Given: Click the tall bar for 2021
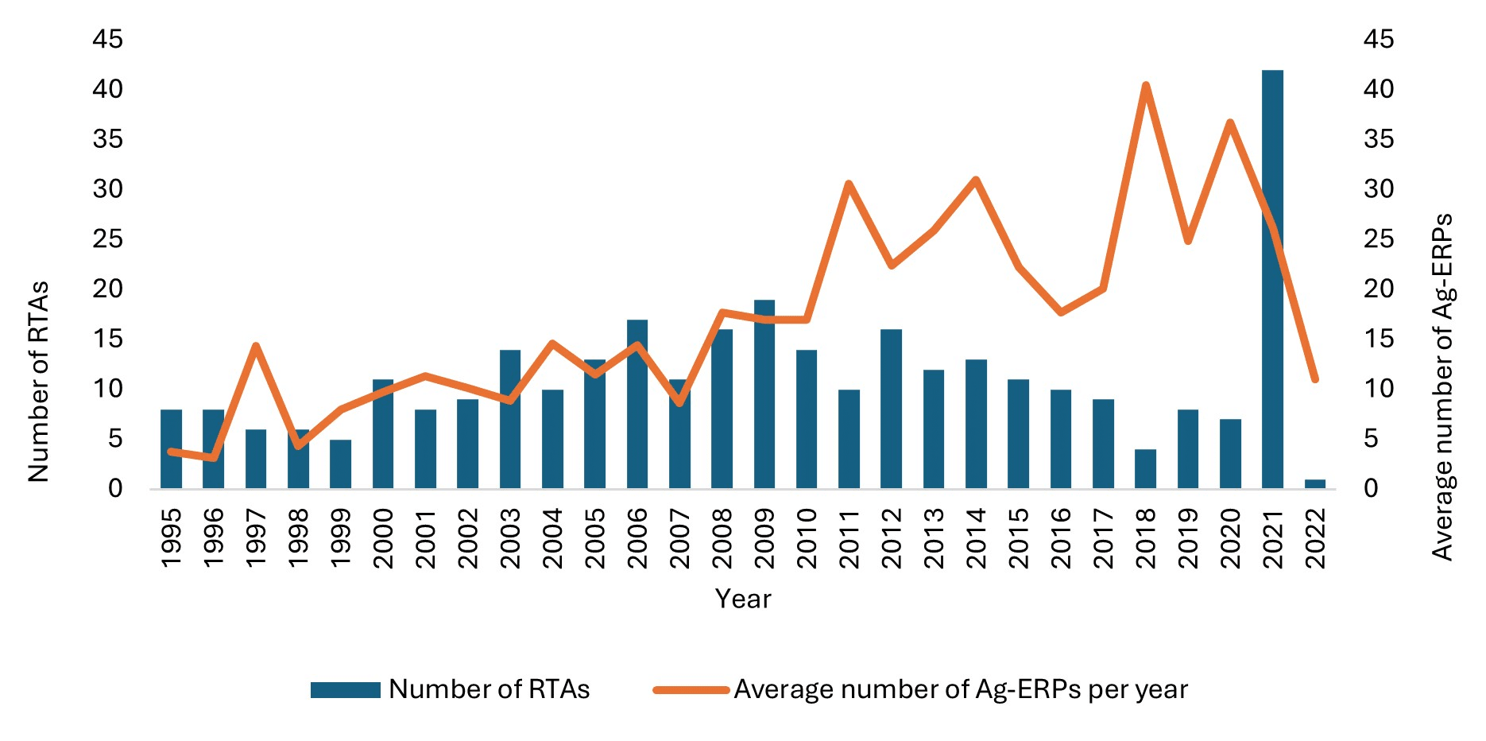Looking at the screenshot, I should point(1272,278).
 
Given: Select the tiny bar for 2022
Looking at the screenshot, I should point(1315,483).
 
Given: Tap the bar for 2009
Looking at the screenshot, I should point(764,394).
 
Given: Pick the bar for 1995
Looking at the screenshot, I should point(171,448).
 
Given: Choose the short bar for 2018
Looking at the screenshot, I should point(1145,468).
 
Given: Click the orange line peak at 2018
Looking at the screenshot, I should point(1145,85).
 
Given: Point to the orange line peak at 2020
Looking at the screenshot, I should point(1230,122).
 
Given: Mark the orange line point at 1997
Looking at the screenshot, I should point(255,346).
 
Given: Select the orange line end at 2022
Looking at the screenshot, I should point(1315,379).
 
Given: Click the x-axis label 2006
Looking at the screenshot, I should point(637,538).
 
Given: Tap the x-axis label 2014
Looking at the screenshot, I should point(976,538).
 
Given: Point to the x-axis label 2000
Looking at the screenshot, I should point(383,538).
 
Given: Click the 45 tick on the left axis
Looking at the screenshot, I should point(108,39).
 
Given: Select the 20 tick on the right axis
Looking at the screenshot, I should point(1379,289).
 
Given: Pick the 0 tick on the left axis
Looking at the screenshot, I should point(115,488).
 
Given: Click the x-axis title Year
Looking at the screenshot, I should point(743,599).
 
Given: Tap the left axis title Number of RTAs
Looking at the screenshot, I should point(38,382).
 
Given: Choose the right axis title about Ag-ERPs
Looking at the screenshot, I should point(1442,386).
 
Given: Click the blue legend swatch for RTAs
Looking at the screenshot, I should point(345,689).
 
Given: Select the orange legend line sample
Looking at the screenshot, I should point(691,689).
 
